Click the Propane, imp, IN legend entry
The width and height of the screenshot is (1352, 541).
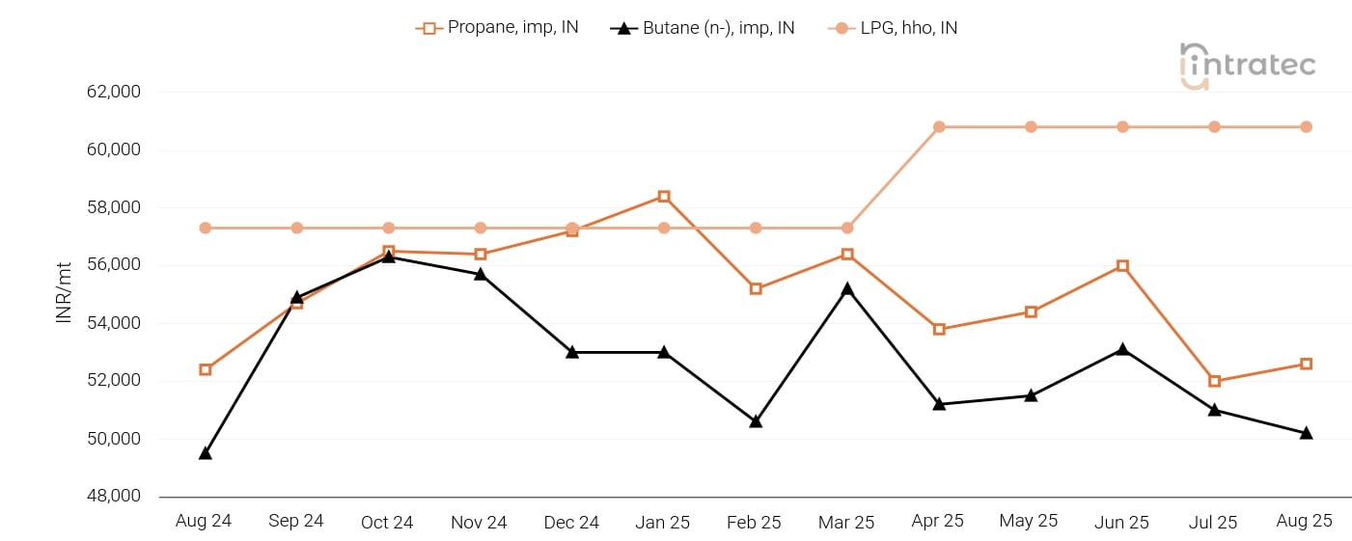pyautogui.click(x=498, y=28)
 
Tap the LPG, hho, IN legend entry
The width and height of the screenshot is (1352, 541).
pyautogui.click(x=893, y=28)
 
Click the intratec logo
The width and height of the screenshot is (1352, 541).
pyautogui.click(x=1247, y=66)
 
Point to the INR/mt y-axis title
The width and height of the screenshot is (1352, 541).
pyautogui.click(x=65, y=293)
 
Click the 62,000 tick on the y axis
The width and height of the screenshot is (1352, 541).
pyautogui.click(x=113, y=93)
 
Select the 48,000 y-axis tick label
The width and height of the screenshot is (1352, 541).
pyautogui.click(x=113, y=497)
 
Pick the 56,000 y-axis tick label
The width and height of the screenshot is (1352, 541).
pyautogui.click(x=113, y=265)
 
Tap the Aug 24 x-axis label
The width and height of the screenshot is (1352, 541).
pyautogui.click(x=204, y=522)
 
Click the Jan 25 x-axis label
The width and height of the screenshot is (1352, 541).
pyautogui.click(x=663, y=522)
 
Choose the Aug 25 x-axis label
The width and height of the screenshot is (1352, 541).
pyautogui.click(x=1305, y=522)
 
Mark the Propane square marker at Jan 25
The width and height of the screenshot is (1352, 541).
pyautogui.click(x=664, y=197)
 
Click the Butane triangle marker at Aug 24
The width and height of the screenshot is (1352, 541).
pyautogui.click(x=206, y=452)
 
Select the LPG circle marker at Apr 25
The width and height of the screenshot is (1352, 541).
pyautogui.click(x=939, y=127)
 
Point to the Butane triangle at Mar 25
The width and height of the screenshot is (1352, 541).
pyautogui.click(x=847, y=288)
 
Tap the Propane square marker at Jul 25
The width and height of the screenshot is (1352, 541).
pyautogui.click(x=1214, y=381)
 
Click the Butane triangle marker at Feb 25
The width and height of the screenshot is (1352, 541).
pyautogui.click(x=756, y=420)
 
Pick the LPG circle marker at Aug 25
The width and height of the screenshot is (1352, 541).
pyautogui.click(x=1306, y=127)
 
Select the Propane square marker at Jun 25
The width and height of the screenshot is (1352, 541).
pyautogui.click(x=1122, y=266)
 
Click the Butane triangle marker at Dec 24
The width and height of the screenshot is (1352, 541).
pyautogui.click(x=572, y=352)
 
